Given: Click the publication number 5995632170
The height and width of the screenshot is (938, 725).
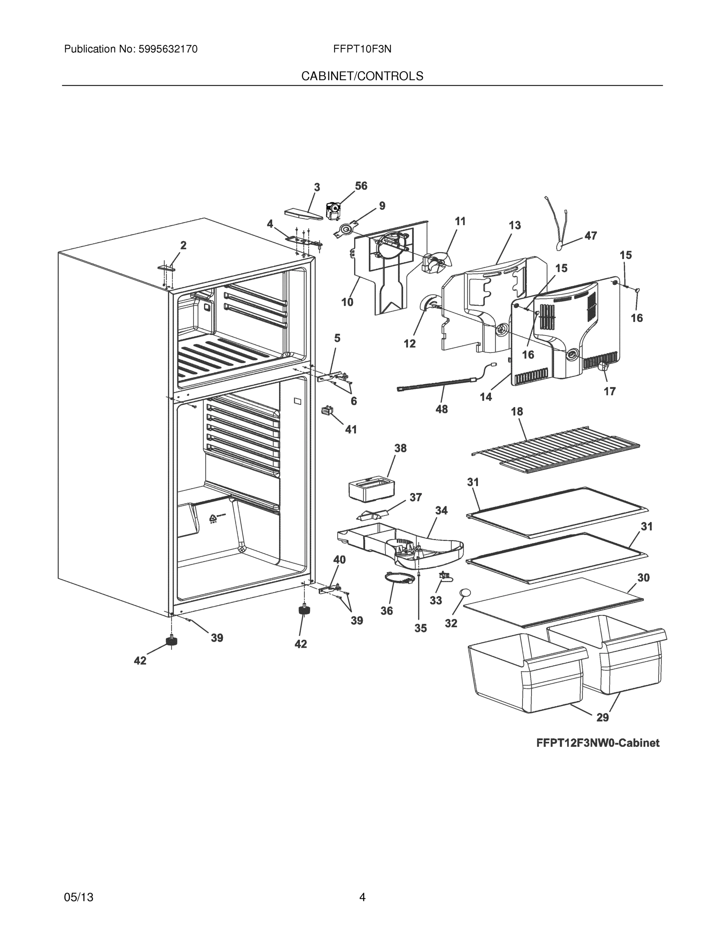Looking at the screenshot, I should pos(168,49).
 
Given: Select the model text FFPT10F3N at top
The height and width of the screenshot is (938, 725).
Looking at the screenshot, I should pos(362,49).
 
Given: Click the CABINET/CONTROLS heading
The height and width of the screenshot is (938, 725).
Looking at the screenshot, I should pos(362,77).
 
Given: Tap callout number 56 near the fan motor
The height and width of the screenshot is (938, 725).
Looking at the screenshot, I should pos(361,186).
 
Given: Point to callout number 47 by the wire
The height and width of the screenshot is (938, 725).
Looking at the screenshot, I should pos(591,236).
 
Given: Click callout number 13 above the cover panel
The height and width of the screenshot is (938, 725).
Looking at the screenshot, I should pos(515,225).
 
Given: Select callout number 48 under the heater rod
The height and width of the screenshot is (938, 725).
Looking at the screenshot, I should pos(442,409).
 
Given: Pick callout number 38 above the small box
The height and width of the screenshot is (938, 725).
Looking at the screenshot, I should pos(400,448).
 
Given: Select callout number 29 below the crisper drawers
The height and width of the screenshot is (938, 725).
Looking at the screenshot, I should pos(603,717).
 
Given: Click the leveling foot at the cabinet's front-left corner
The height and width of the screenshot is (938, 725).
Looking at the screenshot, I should pos(172,641).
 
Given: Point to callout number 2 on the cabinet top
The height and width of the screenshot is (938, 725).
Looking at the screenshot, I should pos(183,246).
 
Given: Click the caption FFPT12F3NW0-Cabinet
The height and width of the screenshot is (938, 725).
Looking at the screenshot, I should pos(598,743).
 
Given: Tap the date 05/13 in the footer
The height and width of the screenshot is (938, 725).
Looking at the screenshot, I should pos(79,897).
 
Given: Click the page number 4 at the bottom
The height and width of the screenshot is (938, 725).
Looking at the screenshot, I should pos(362,897).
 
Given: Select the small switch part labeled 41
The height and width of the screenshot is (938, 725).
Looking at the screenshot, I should pos(327,411).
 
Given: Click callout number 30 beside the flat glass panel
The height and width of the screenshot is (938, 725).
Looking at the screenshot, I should pos(643,578).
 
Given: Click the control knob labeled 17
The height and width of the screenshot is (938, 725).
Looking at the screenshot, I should pos(603,366).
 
